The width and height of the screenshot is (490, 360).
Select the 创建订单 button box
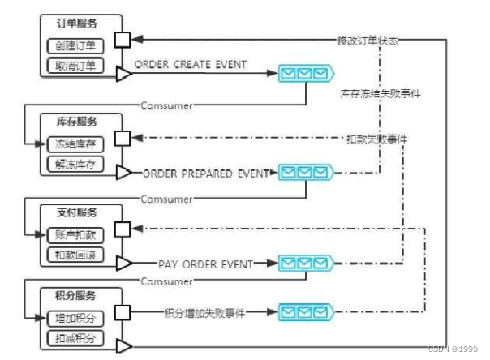click(76, 45)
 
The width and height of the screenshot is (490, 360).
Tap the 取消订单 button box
click(76, 65)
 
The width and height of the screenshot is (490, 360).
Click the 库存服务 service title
click(76, 122)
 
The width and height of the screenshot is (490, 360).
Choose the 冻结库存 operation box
click(76, 144)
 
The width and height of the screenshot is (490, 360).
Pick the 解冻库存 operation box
click(76, 165)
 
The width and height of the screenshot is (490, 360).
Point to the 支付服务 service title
click(76, 213)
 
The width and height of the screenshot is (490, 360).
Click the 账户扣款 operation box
click(76, 234)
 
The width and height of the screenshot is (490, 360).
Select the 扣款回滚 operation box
click(76, 255)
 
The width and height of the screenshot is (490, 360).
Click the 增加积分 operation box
click(76, 315)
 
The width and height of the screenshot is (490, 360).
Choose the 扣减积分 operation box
click(76, 336)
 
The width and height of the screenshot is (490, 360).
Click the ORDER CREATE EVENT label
click(190, 64)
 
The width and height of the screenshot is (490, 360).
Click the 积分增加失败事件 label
click(204, 312)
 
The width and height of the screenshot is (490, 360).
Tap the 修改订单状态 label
click(367, 40)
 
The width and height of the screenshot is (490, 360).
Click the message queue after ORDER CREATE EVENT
click(306, 75)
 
